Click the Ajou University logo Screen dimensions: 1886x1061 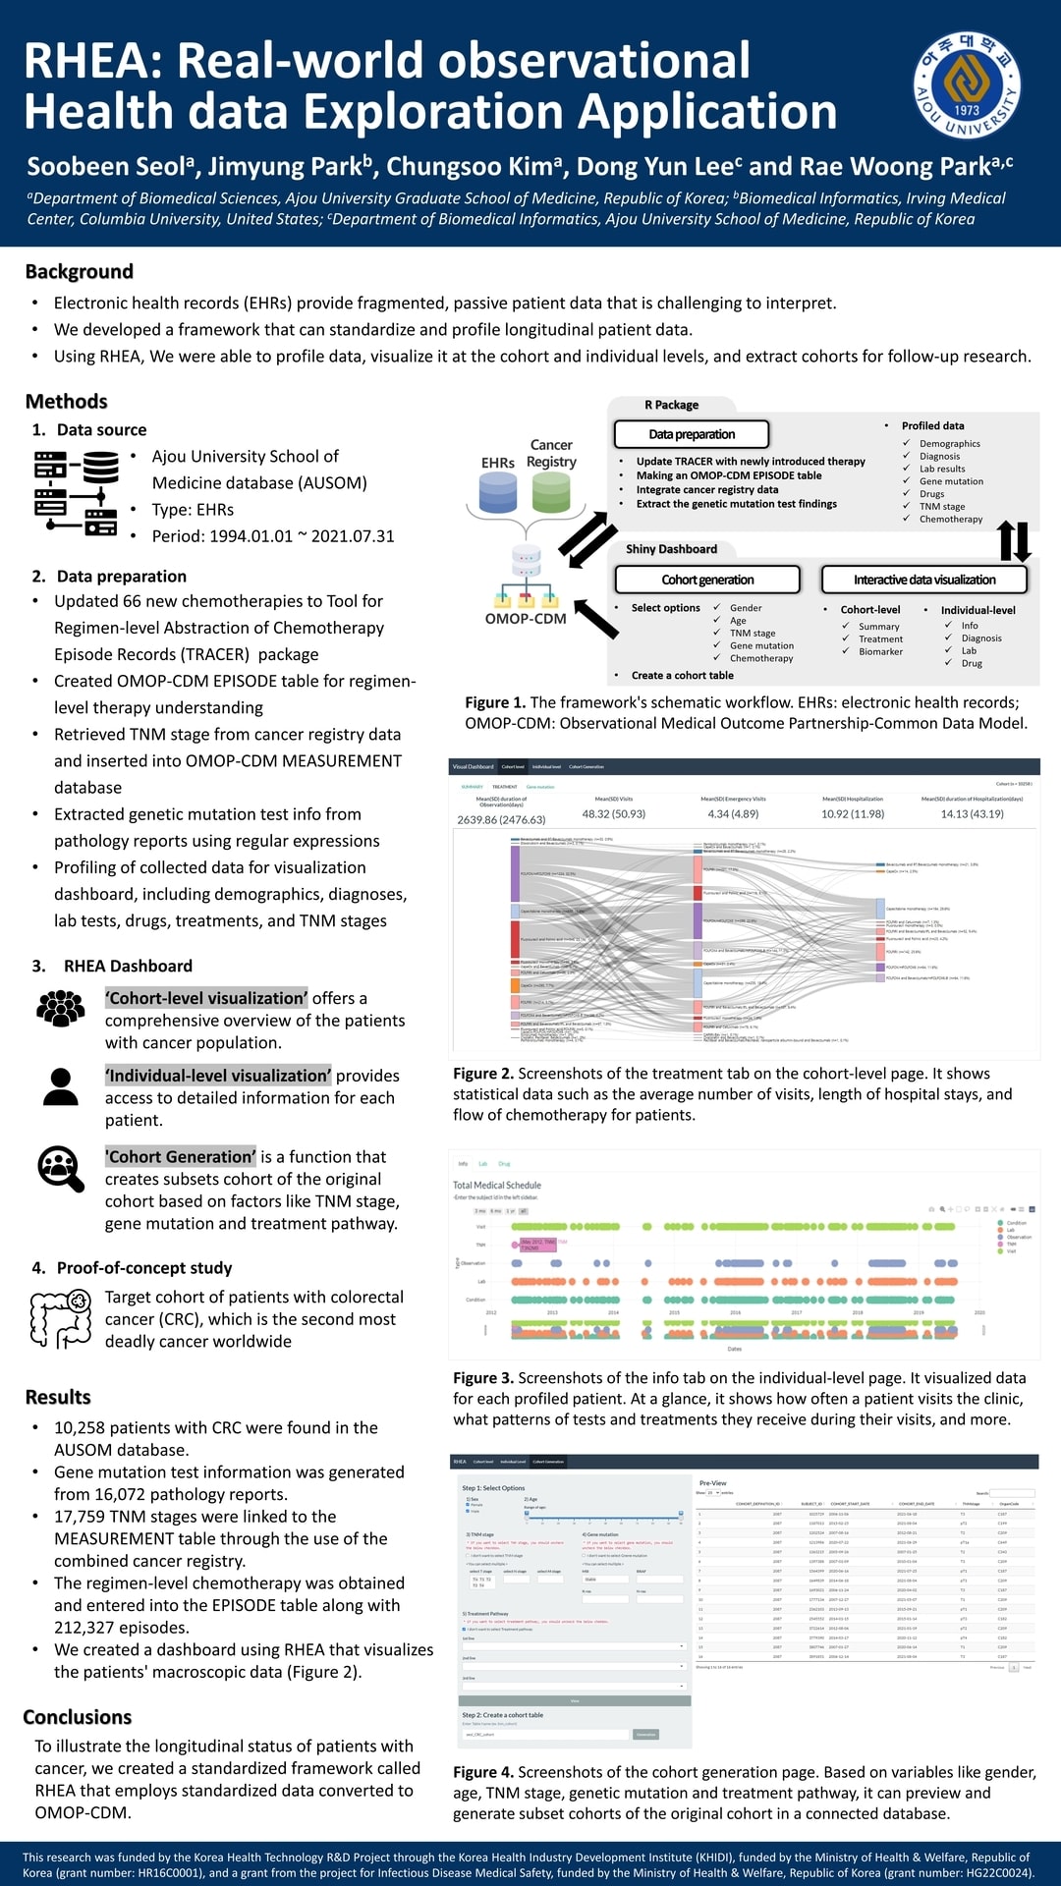coord(967,86)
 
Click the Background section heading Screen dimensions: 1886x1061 coord(79,272)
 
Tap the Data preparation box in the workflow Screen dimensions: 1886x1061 coord(692,434)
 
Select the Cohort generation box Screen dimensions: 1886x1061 coord(707,580)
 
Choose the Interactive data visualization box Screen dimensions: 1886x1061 coord(924,580)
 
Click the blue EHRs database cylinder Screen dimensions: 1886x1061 coord(498,493)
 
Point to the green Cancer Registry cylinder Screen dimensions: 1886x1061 coord(551,492)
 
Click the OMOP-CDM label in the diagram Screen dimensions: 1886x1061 coord(526,619)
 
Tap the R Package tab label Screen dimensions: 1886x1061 coord(671,405)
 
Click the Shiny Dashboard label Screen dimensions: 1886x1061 coord(671,549)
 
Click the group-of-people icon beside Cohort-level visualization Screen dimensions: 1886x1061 coord(61,1009)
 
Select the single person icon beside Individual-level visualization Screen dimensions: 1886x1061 coord(61,1086)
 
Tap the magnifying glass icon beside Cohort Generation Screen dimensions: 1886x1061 coord(61,1169)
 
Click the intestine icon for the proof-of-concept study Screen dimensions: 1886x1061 coord(61,1318)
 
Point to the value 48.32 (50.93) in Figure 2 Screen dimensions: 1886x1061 coord(614,814)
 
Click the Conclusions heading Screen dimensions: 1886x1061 coord(77,1717)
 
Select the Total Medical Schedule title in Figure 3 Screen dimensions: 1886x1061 coord(497,1186)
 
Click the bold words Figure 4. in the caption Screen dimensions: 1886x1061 coord(483,1772)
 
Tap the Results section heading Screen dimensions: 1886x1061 coord(58,1397)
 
